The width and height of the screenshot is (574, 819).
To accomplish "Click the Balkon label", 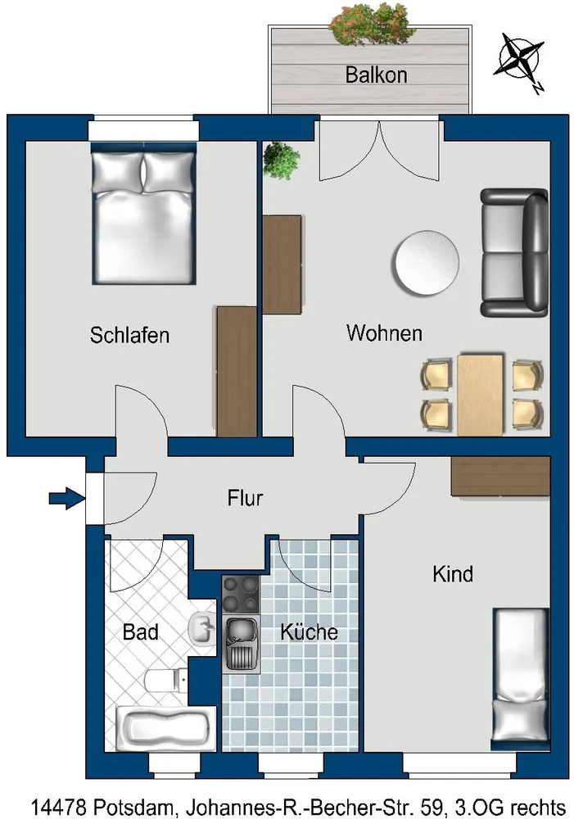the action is pos(376,75).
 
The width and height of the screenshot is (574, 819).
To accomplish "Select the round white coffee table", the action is pos(427,263).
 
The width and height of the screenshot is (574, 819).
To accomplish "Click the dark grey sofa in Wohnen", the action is pos(514,253).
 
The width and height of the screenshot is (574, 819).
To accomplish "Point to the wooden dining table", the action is pos(481,395).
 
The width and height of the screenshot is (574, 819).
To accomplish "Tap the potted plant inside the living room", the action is pos(281,160).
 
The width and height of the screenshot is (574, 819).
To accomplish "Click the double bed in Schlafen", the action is pos(143,213).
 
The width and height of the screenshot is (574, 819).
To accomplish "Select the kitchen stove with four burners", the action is pos(241,595).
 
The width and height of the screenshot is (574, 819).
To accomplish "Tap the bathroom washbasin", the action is pos(202,628).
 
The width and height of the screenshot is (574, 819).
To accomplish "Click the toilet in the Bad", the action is pos(165,680).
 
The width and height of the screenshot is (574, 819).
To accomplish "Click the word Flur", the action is pos(245,498).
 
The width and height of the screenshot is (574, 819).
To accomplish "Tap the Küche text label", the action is pos(309,632).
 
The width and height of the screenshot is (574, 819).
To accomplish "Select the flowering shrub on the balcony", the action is pos(373,24).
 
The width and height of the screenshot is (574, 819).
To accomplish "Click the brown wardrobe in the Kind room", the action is pos(500,476).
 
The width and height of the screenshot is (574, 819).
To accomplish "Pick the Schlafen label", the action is pos(129,335).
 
